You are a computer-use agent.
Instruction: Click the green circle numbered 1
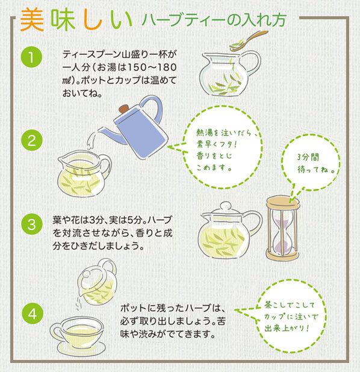31,57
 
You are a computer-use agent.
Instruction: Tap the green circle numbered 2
31,140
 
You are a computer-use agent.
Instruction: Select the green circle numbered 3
31,224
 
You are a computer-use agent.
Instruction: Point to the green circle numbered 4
33,314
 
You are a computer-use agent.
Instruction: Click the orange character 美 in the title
32,20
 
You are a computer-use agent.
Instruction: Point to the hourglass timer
282,228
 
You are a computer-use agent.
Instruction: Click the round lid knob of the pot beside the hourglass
225,206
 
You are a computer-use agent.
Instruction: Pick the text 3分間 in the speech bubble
308,157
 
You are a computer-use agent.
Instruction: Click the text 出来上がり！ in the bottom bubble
287,328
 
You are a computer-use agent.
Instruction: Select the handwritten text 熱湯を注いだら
223,132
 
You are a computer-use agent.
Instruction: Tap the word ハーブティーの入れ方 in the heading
214,20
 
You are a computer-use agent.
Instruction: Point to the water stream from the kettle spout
91,141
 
